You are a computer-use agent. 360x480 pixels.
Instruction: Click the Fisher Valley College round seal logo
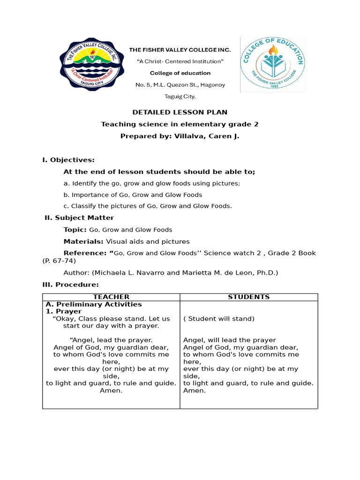(92, 65)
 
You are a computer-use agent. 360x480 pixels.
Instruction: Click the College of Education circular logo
(272, 65)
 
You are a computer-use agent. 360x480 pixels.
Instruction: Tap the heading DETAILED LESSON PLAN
(180, 112)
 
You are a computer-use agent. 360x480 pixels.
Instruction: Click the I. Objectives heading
(68, 160)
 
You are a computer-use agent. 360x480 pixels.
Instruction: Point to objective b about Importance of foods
(133, 195)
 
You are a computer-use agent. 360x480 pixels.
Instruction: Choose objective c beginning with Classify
(148, 206)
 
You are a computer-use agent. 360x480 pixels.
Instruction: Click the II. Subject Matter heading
(79, 217)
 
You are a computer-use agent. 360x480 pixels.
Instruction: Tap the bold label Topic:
(75, 230)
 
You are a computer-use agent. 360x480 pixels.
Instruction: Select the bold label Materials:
(83, 241)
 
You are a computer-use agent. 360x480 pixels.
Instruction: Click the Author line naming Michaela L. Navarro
(171, 272)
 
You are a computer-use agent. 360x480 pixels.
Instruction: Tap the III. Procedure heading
(70, 285)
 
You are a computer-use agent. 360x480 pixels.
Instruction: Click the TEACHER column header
(111, 297)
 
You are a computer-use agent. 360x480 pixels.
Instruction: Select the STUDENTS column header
(248, 297)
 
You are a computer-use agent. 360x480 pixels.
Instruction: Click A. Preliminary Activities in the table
(93, 304)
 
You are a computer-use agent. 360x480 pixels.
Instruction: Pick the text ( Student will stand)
(219, 319)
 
